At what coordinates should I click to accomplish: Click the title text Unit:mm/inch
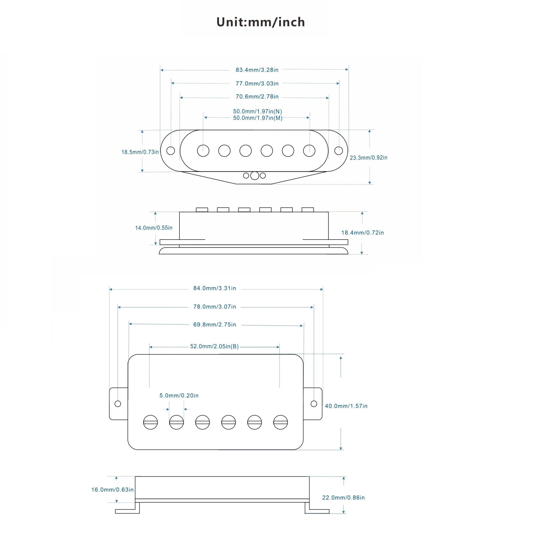(x=261, y=22)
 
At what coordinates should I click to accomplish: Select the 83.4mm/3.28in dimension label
(x=257, y=70)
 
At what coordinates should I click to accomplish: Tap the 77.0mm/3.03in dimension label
(x=257, y=83)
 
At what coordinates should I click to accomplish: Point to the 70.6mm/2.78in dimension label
(x=257, y=97)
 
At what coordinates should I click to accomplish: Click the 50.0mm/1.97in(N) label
(x=258, y=112)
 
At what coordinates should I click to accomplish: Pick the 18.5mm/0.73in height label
(x=140, y=152)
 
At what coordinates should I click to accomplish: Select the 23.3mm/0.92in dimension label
(x=368, y=157)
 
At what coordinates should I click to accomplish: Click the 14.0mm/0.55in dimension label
(x=154, y=228)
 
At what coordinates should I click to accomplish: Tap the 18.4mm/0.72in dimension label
(x=363, y=233)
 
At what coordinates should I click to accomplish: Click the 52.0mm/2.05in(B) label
(x=214, y=346)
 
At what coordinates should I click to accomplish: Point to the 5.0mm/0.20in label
(x=179, y=396)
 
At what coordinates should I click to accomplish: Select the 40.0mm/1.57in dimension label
(x=346, y=406)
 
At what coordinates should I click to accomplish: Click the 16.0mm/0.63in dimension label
(x=112, y=490)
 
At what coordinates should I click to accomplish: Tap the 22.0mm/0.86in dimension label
(x=343, y=498)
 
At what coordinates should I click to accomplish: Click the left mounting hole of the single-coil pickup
(x=171, y=151)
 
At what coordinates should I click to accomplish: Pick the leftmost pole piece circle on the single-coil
(x=203, y=151)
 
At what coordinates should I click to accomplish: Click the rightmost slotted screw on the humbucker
(x=281, y=422)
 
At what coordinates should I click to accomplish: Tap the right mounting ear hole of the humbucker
(x=314, y=404)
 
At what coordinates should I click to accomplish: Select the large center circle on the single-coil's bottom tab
(x=254, y=176)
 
